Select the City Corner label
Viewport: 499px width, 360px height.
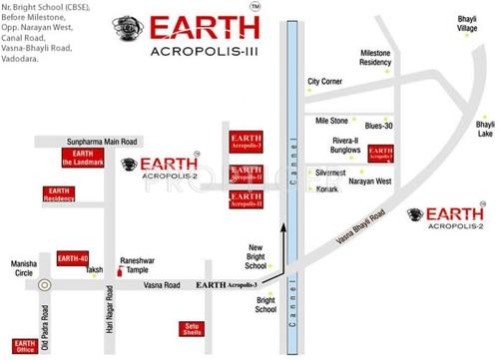[x=325, y=81]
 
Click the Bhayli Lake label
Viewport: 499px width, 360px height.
[x=484, y=129]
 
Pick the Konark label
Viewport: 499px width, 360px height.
[x=327, y=189]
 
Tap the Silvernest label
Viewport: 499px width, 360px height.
[x=330, y=173]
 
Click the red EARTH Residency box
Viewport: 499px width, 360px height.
[x=60, y=194]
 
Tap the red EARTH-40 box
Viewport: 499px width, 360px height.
[x=73, y=258]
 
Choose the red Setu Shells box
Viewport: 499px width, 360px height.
[x=192, y=328]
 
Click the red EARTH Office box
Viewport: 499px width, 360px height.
[x=26, y=346]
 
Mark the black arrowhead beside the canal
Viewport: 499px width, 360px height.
[x=283, y=229]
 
